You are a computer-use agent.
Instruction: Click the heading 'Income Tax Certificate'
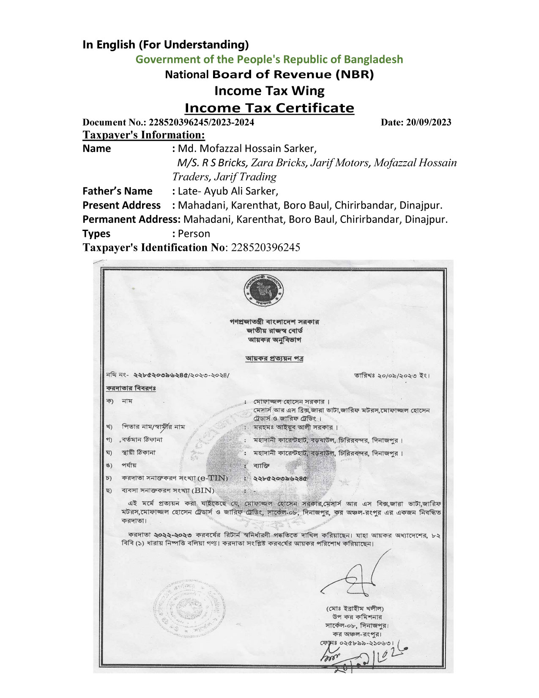(269, 108)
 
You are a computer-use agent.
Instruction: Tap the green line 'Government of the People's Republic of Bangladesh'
(269, 59)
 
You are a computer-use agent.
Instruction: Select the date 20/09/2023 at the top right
(416, 122)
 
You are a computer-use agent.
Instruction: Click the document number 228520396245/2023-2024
(201, 122)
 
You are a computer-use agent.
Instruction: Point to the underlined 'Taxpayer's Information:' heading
(144, 135)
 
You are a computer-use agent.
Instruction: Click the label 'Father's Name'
(117, 191)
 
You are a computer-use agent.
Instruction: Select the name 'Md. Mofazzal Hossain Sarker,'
(247, 148)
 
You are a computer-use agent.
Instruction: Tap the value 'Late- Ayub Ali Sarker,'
(228, 191)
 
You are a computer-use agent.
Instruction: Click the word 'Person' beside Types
(194, 234)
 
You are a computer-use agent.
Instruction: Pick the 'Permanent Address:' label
(131, 220)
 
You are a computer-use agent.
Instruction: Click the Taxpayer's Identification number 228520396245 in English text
(265, 247)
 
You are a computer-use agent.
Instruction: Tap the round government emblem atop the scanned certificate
(264, 291)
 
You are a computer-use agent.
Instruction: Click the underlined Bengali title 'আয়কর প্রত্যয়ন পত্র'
(274, 358)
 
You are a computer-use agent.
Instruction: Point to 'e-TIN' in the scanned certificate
(213, 478)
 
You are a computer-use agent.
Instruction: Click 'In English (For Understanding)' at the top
(166, 44)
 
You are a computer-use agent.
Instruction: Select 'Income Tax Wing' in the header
(269, 91)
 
